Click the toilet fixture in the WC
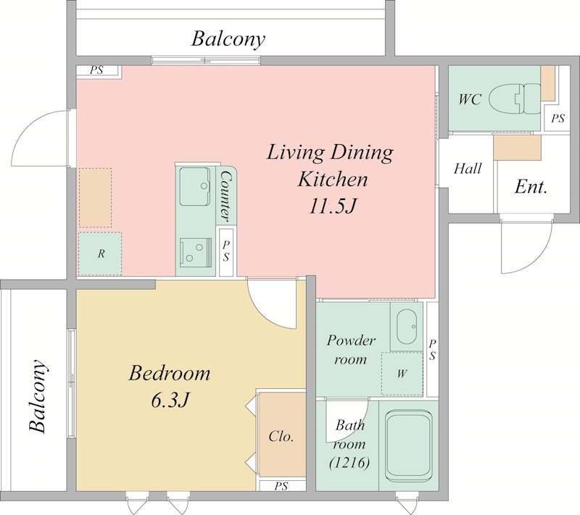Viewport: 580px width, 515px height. [515, 99]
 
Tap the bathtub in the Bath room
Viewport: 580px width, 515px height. [408, 446]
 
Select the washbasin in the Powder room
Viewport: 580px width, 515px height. [407, 327]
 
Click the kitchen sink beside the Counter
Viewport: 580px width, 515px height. [195, 187]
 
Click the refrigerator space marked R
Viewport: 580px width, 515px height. [100, 254]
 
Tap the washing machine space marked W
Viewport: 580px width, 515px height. [402, 374]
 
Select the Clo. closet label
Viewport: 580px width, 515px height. [281, 436]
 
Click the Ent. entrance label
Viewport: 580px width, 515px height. [531, 187]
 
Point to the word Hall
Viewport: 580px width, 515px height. [468, 169]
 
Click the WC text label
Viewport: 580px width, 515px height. [470, 99]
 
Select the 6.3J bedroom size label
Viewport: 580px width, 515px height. [170, 400]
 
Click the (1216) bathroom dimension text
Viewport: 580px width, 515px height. [349, 463]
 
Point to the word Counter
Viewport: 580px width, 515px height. [225, 197]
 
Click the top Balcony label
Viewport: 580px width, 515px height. [228, 39]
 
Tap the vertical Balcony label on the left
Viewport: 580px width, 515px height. [38, 395]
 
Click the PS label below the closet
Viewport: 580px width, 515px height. [281, 486]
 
